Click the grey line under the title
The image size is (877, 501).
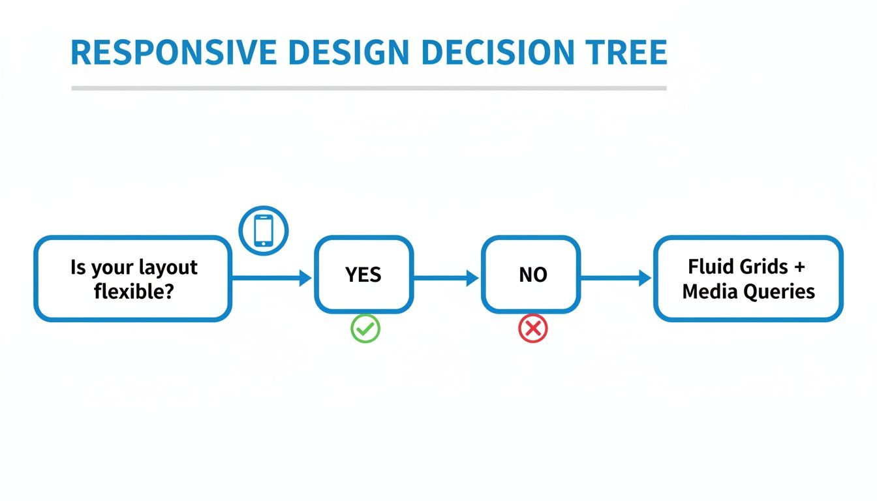369,87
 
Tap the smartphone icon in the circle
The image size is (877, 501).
263,230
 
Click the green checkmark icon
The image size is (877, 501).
365,329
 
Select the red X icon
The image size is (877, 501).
533,329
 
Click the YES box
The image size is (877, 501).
363,275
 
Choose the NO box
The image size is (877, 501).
531,275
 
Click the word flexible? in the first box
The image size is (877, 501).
134,291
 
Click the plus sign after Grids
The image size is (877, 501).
800,267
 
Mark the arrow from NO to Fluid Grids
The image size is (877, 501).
616,279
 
